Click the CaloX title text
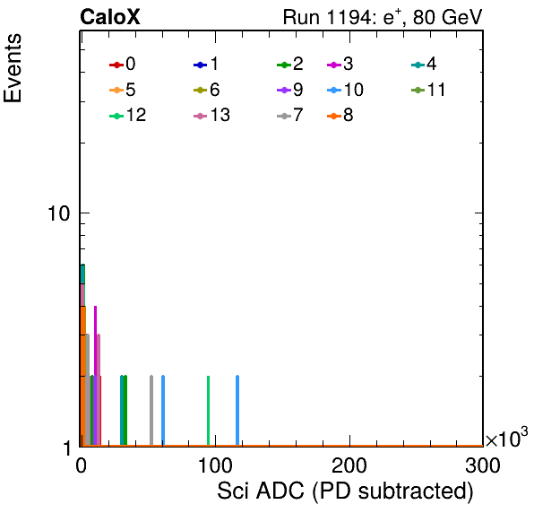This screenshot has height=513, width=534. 110,17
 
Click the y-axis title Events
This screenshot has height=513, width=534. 13,68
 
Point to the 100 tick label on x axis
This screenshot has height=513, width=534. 215,465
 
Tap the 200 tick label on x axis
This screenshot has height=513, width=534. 349,465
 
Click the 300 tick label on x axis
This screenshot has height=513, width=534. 483,465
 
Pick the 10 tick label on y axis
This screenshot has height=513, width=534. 58,213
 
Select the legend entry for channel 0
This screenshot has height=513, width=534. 123,64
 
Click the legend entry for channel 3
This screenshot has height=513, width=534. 340,64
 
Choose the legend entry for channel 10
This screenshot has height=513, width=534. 345,90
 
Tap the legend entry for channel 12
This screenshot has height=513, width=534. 128,115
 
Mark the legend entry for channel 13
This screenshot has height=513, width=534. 211,115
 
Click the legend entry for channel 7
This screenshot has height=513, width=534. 290,115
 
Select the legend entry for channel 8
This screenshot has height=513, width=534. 340,115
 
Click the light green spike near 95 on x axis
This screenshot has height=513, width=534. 209,411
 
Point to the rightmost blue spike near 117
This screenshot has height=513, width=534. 237,411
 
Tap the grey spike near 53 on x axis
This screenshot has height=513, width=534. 151,411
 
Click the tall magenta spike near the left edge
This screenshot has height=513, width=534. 95,376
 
